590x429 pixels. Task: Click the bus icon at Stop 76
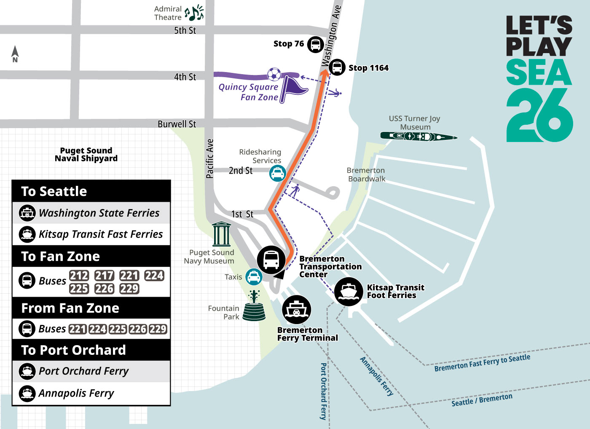click(x=315, y=44)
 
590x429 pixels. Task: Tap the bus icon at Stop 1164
click(x=337, y=67)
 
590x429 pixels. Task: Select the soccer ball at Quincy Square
click(x=274, y=74)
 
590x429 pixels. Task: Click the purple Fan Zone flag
click(x=292, y=87)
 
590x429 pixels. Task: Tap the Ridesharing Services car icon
click(x=277, y=173)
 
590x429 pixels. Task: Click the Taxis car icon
click(x=254, y=277)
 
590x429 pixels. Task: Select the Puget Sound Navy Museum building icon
click(x=221, y=234)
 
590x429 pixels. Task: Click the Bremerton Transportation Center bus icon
click(x=271, y=260)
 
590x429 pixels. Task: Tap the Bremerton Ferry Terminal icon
click(x=296, y=310)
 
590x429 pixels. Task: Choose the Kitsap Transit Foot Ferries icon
click(x=349, y=291)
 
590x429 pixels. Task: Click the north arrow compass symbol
click(x=15, y=54)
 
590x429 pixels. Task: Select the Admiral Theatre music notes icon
click(x=194, y=13)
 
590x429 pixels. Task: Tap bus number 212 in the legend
click(x=79, y=276)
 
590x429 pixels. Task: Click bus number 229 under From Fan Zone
click(x=158, y=329)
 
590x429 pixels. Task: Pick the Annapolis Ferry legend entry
click(x=76, y=393)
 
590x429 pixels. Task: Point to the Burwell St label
click(x=177, y=124)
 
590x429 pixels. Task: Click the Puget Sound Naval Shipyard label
click(x=86, y=154)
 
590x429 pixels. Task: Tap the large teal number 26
click(x=539, y=116)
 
